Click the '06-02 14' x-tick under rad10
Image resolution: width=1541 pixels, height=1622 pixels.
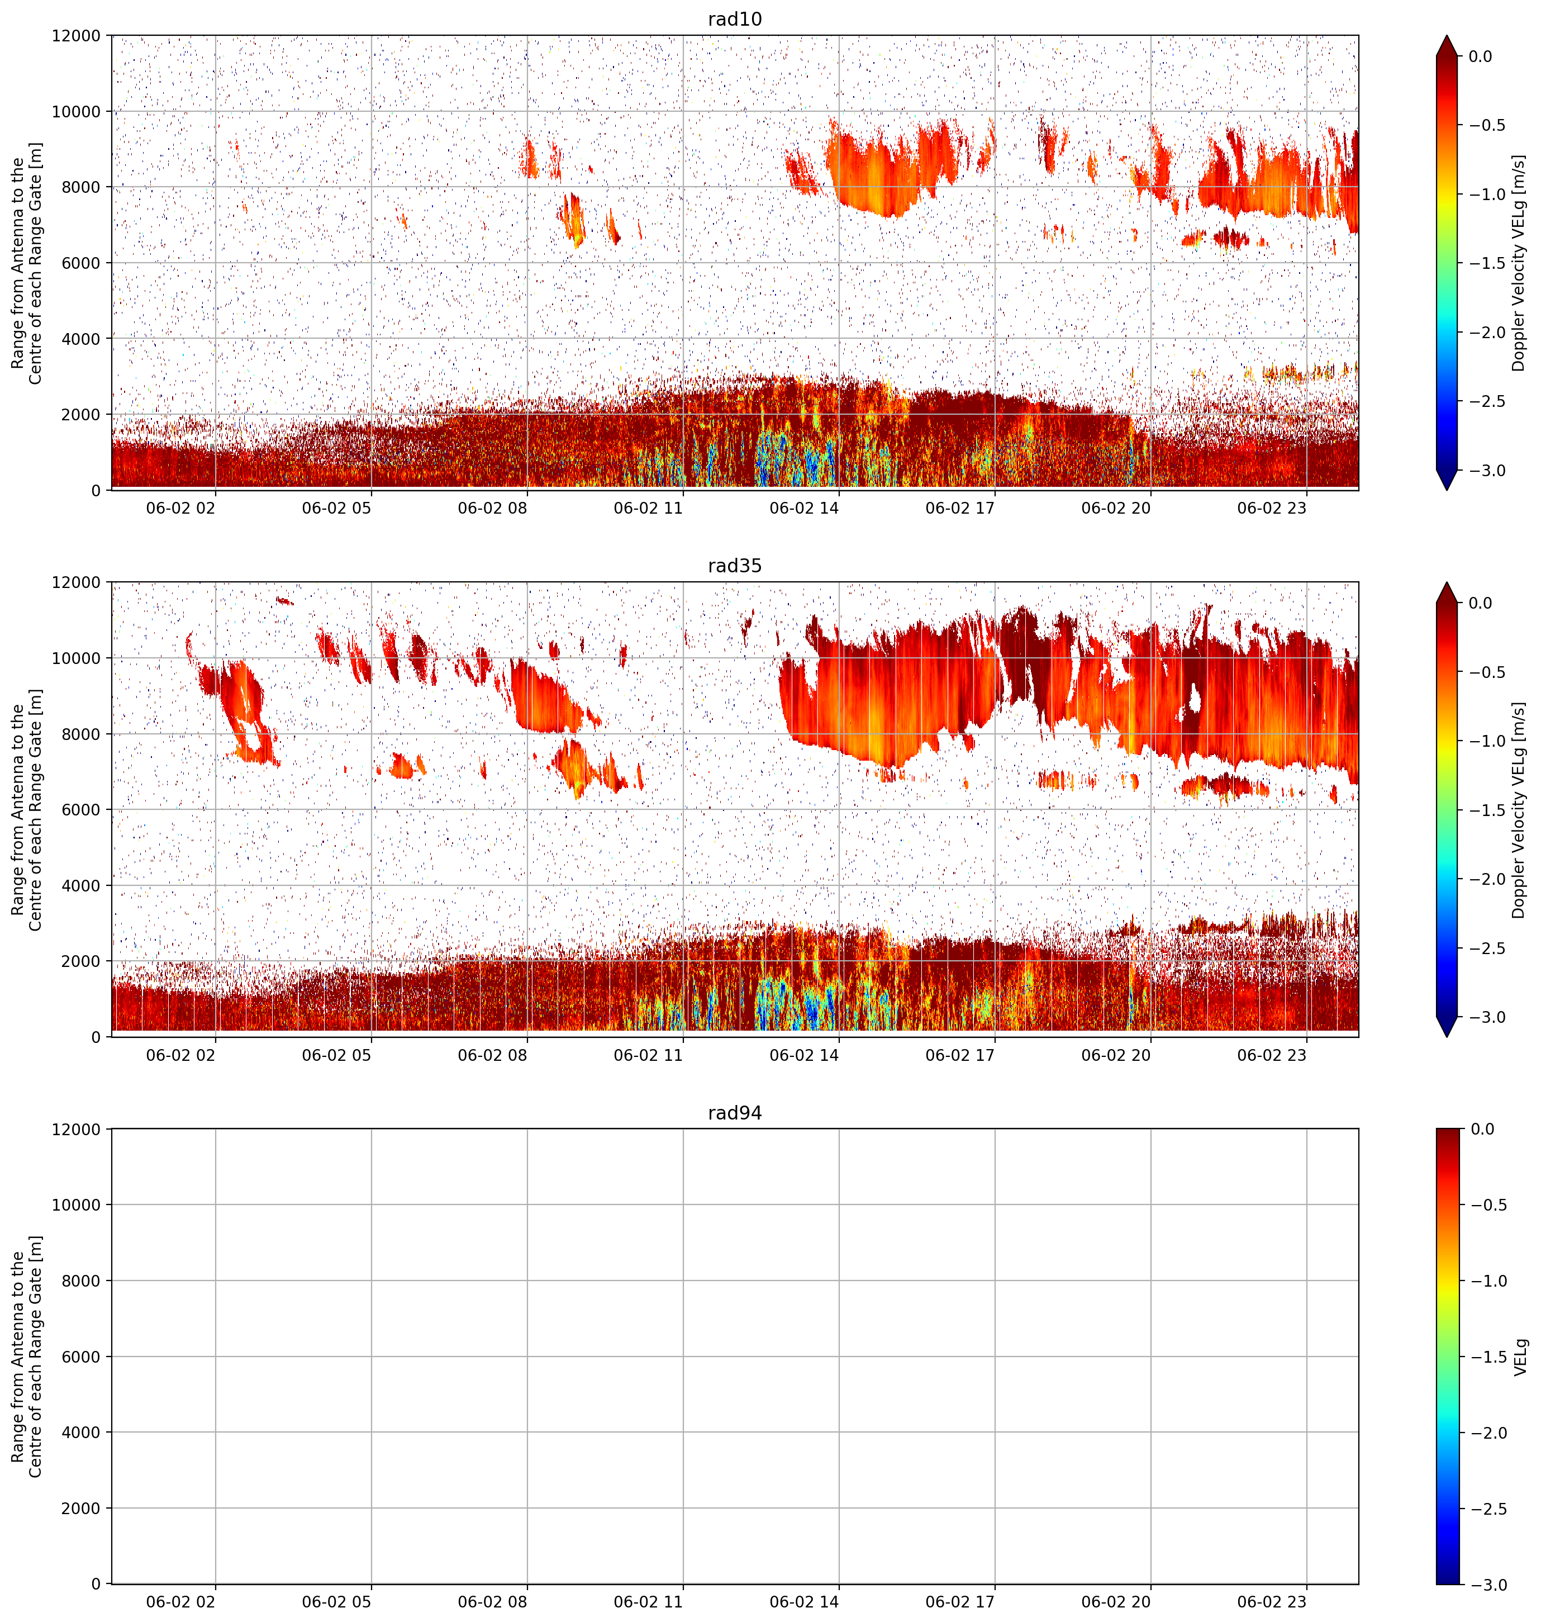(804, 508)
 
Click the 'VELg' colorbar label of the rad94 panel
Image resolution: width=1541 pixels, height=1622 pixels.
(1520, 1357)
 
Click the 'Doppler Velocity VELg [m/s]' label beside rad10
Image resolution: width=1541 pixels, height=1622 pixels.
(1518, 263)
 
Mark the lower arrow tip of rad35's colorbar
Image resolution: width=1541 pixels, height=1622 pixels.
(1447, 1036)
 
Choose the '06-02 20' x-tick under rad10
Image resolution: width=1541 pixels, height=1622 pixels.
(1115, 508)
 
